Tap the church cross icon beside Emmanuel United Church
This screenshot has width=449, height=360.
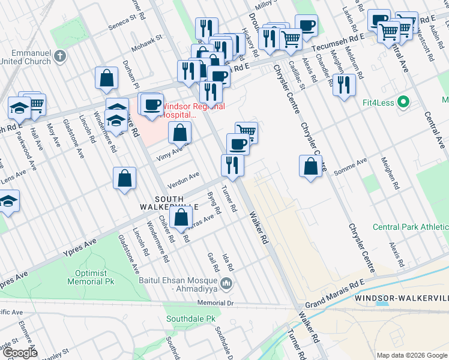[x=59, y=56]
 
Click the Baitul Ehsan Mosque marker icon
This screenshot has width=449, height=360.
[x=227, y=283]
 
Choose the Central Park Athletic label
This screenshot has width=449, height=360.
[x=411, y=227]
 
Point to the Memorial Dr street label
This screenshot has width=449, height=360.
[x=214, y=304]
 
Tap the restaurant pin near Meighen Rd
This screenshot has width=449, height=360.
[x=344, y=84]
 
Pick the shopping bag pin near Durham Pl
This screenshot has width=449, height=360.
[x=106, y=77]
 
